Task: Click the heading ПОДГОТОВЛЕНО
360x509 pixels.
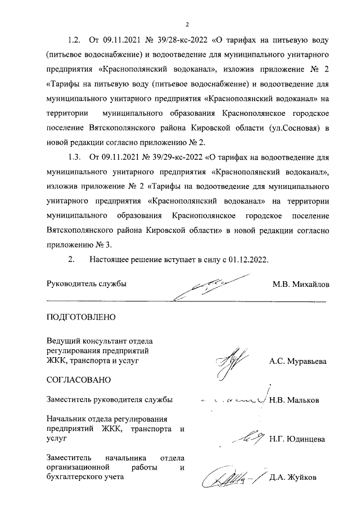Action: click(x=80, y=317)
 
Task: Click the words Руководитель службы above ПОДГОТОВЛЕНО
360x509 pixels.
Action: click(x=87, y=284)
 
